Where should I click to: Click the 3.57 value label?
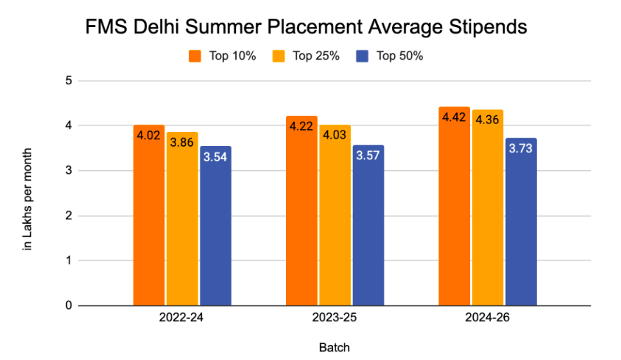click(x=368, y=156)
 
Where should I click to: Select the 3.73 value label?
click(x=521, y=149)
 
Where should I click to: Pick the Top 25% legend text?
click(x=316, y=56)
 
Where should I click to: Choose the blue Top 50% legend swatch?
click(x=362, y=56)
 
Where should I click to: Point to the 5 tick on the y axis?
click(x=67, y=81)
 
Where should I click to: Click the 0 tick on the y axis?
click(x=67, y=306)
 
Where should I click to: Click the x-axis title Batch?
click(x=335, y=348)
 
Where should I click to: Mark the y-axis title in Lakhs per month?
click(x=28, y=199)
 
